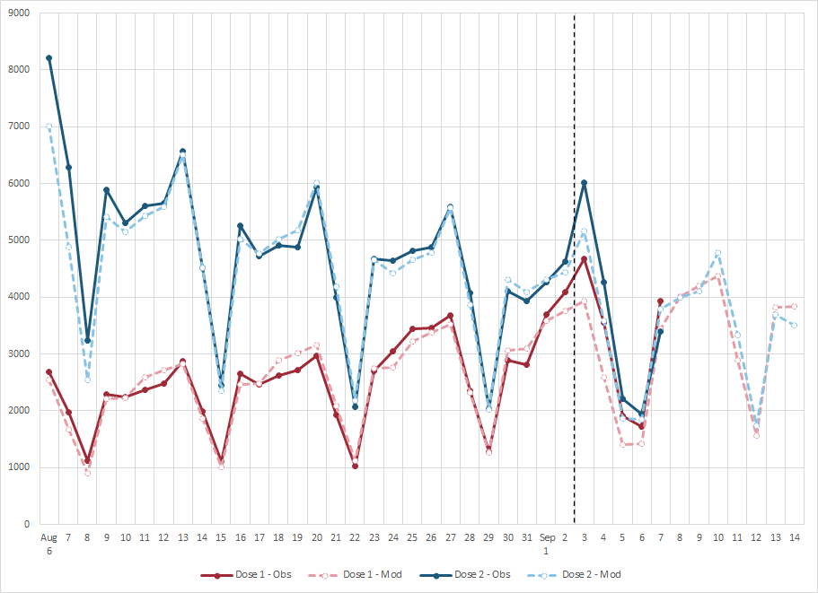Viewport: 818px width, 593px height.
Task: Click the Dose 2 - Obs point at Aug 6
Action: (x=49, y=57)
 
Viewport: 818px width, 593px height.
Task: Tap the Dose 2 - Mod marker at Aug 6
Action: (x=49, y=126)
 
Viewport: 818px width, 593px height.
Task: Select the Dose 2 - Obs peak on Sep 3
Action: (x=585, y=182)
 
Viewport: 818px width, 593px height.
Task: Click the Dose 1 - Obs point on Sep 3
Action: (x=585, y=259)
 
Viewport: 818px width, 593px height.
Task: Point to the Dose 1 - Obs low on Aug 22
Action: (x=355, y=466)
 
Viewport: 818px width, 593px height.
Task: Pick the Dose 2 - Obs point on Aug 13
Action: (x=183, y=152)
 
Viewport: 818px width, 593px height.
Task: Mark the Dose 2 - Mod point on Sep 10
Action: (x=718, y=253)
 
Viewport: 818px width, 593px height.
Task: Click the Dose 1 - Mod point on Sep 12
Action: (x=756, y=435)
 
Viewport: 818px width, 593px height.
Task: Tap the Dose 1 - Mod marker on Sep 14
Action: (x=795, y=307)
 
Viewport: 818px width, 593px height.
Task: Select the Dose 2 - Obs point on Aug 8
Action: (x=88, y=341)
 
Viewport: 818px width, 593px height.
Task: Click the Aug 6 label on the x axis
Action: (x=49, y=545)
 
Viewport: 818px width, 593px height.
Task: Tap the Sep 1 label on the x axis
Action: (x=546, y=545)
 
